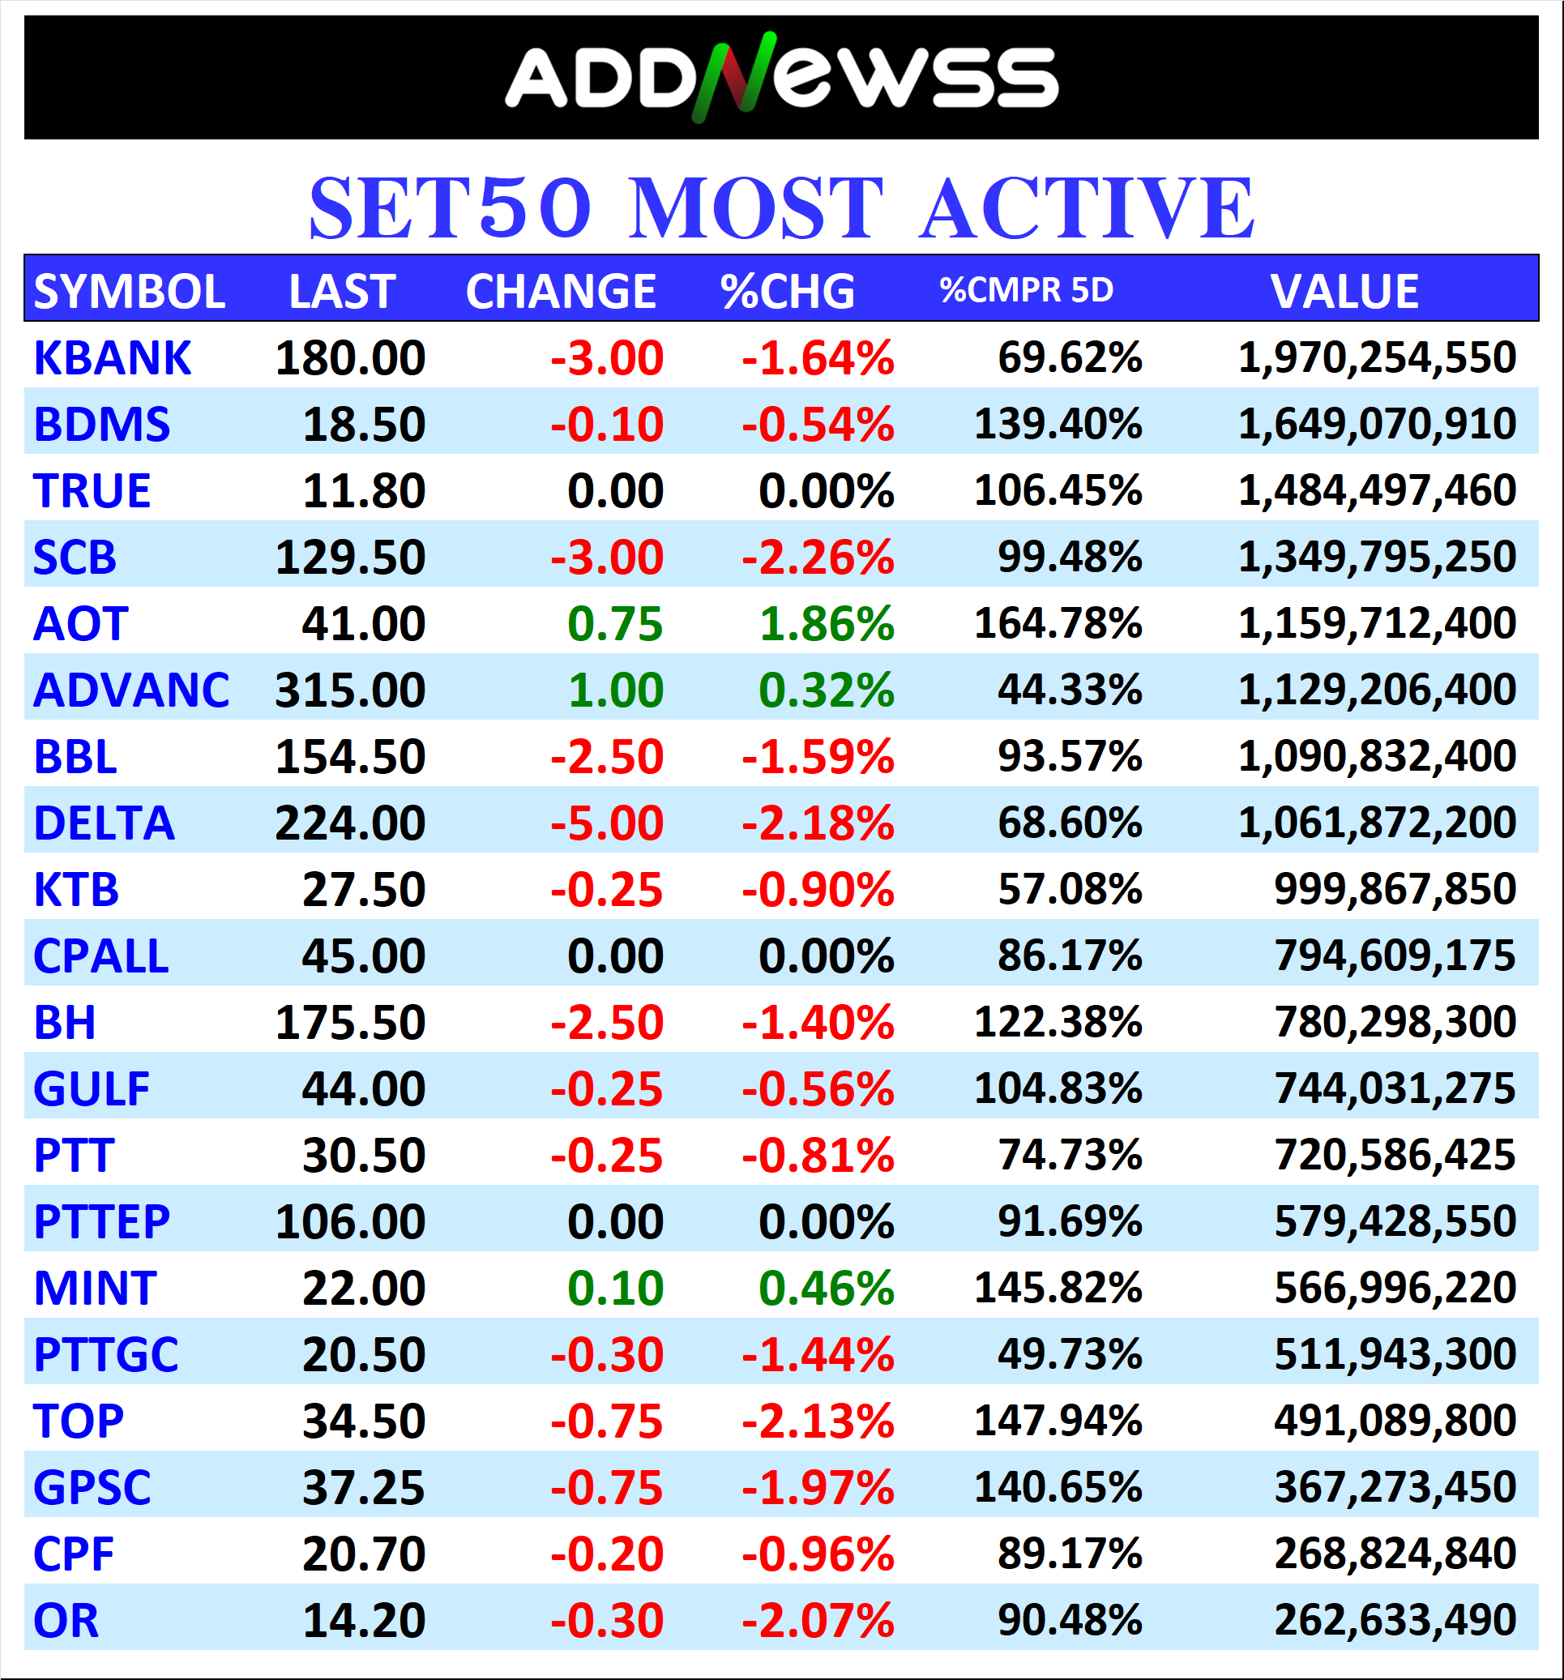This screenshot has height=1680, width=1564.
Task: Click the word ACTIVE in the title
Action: (x=1087, y=208)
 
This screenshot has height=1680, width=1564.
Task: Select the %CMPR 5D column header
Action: (x=1026, y=290)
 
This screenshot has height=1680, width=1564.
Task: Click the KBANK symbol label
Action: (x=113, y=358)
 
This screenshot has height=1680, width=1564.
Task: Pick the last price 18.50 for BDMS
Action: (x=363, y=424)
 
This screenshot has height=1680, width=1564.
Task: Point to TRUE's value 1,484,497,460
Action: (x=1377, y=491)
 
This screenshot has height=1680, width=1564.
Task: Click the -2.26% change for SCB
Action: (x=817, y=558)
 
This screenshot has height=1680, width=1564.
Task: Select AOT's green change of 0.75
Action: (x=614, y=625)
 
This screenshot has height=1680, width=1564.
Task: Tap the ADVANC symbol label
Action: (x=131, y=690)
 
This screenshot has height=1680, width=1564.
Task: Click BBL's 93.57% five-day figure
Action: (x=1069, y=756)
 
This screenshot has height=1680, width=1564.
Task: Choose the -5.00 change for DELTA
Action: (x=607, y=823)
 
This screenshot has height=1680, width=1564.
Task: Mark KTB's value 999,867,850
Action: (x=1394, y=889)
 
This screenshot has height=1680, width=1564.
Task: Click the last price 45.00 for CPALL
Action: (x=363, y=956)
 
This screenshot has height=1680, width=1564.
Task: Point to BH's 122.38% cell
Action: (x=1057, y=1023)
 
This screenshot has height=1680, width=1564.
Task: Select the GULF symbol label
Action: (x=92, y=1089)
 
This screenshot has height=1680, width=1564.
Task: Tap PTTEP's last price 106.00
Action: (x=350, y=1222)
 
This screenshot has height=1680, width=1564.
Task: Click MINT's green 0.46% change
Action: (x=826, y=1289)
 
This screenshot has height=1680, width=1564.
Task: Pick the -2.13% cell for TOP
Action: (x=817, y=1421)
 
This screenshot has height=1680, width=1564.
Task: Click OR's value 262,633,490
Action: (x=1394, y=1621)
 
